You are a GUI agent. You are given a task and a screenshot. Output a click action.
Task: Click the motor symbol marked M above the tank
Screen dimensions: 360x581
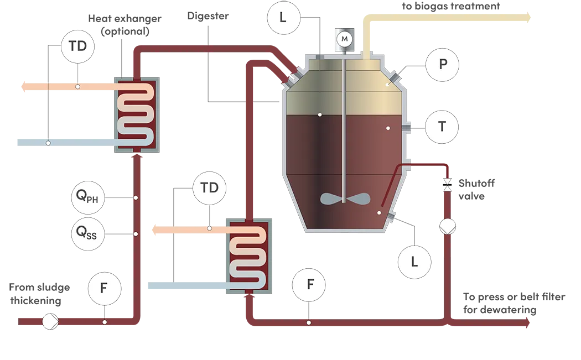coord(345,38)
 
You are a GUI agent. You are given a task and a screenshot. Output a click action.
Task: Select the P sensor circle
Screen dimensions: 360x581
coord(442,64)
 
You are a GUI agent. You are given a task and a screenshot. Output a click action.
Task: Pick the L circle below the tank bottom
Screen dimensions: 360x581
coord(414,261)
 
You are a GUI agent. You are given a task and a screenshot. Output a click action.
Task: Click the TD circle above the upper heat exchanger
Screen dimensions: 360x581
coord(78,46)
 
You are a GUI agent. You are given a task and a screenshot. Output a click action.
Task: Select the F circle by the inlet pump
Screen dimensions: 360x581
coord(105,288)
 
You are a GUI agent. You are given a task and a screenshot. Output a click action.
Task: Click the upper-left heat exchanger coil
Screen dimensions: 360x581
coord(136,115)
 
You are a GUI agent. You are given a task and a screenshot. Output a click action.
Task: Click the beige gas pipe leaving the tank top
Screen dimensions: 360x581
coord(443,19)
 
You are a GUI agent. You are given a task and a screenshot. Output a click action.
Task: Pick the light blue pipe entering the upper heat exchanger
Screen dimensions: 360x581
coord(66,142)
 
